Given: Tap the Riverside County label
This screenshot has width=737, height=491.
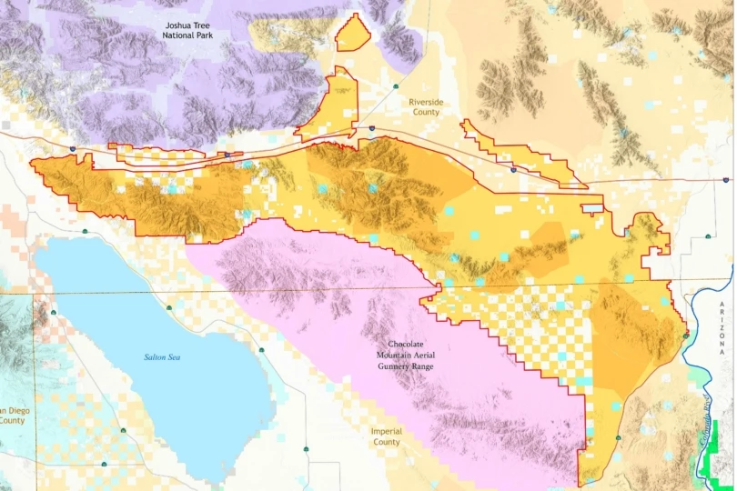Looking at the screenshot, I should (x=426, y=107).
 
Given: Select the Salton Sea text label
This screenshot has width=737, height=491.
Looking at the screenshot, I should (x=163, y=357).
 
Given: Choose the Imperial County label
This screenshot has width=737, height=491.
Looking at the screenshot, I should (x=387, y=436).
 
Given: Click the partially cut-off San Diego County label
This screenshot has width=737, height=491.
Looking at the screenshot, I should (x=11, y=415).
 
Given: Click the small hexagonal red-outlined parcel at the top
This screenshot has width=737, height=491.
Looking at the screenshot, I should (x=353, y=35).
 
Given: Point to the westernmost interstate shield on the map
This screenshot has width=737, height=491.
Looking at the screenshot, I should (x=73, y=147).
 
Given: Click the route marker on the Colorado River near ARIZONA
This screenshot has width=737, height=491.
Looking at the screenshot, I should (x=685, y=336).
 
